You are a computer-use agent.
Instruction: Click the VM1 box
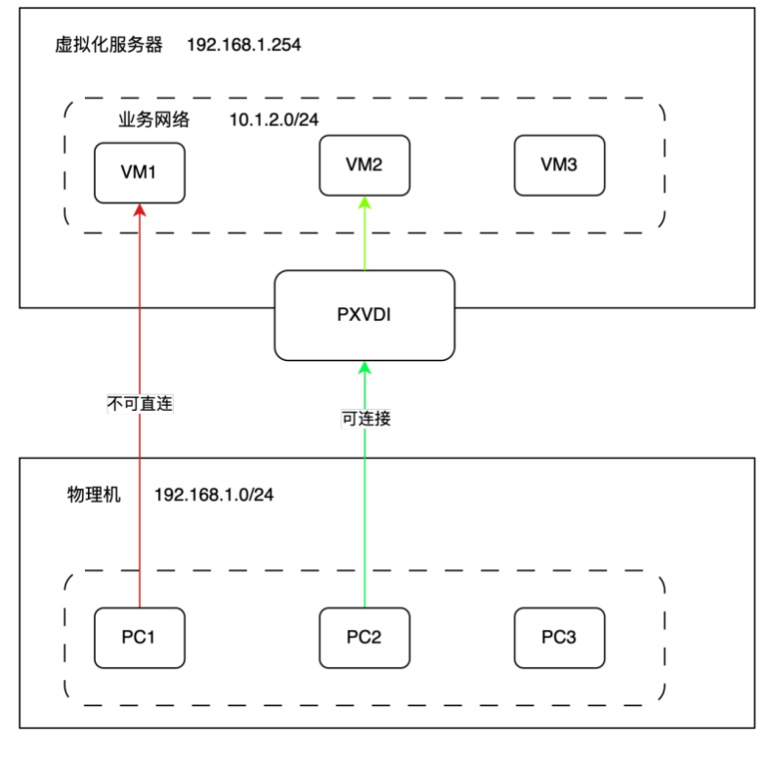(140, 172)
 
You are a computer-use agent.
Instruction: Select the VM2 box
(364, 164)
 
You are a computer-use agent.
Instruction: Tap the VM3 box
(559, 164)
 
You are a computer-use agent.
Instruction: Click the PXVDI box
(364, 315)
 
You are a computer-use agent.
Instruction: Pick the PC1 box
(140, 638)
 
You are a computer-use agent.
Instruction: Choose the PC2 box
(364, 638)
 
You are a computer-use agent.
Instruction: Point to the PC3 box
(559, 638)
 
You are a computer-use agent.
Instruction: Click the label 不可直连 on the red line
(140, 402)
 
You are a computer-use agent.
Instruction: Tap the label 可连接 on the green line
(364, 418)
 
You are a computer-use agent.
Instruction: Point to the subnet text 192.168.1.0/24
(214, 494)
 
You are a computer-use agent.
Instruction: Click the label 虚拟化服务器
(109, 46)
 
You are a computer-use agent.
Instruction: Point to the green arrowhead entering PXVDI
(364, 368)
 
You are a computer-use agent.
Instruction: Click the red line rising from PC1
(140, 509)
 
